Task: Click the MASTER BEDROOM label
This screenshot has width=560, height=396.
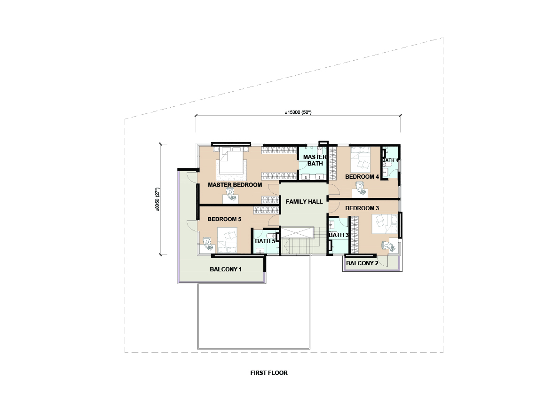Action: [235, 185]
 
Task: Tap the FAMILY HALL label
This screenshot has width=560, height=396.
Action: [304, 202]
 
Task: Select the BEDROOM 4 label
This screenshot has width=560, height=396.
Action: [362, 177]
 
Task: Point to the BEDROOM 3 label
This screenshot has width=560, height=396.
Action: [362, 208]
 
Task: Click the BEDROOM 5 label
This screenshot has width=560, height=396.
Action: [224, 219]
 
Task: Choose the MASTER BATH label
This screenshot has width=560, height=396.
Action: [315, 160]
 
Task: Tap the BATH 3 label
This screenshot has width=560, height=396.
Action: [338, 235]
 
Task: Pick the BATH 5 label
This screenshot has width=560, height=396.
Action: [265, 241]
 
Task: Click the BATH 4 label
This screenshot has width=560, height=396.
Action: [390, 160]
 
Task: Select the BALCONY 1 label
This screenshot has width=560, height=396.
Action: [226, 269]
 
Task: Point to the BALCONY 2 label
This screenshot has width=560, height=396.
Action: [362, 263]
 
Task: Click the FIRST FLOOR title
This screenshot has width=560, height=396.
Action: [269, 373]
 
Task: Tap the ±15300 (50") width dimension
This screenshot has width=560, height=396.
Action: [298, 112]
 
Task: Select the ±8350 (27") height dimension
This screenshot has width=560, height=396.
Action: [158, 199]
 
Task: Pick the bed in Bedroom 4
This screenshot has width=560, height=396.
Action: [361, 159]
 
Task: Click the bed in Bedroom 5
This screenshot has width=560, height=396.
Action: [228, 240]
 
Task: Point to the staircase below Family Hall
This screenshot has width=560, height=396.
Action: [297, 241]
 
